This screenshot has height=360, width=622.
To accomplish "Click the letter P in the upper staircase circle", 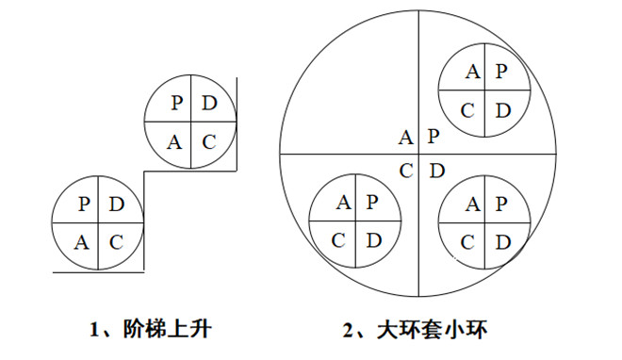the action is [x=176, y=103].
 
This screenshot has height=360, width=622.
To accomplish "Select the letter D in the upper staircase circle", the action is [x=210, y=103].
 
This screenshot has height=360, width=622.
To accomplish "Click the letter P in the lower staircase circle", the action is [x=84, y=204].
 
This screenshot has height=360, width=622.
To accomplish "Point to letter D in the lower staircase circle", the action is [x=116, y=204].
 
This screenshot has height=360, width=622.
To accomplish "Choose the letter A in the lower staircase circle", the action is [x=82, y=242].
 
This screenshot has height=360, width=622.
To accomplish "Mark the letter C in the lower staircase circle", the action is [x=116, y=242].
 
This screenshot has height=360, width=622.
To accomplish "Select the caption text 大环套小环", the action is [x=439, y=329].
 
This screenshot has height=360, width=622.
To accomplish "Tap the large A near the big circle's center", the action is [x=405, y=138].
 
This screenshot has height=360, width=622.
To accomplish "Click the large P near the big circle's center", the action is [x=433, y=138].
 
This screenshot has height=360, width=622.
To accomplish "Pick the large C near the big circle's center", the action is [x=405, y=172].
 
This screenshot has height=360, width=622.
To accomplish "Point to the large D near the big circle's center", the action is [x=435, y=172].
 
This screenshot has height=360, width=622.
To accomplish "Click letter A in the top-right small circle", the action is [x=472, y=72].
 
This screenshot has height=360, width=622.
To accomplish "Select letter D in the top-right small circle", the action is [x=503, y=110].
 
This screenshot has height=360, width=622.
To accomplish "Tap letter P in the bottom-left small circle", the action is [x=372, y=201].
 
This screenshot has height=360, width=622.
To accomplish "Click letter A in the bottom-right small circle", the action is [x=471, y=203].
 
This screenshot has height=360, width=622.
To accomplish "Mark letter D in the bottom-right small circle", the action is [x=502, y=241].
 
